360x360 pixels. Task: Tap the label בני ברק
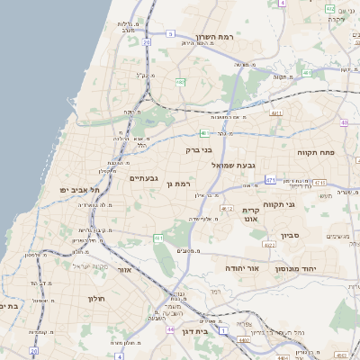(198, 150)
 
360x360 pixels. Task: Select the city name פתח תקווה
(315, 153)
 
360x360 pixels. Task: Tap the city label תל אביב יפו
(78, 190)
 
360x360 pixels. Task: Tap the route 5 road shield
(170, 33)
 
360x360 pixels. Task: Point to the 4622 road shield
(269, 244)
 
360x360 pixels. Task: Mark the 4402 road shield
(244, 339)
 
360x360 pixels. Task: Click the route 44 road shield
(170, 329)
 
